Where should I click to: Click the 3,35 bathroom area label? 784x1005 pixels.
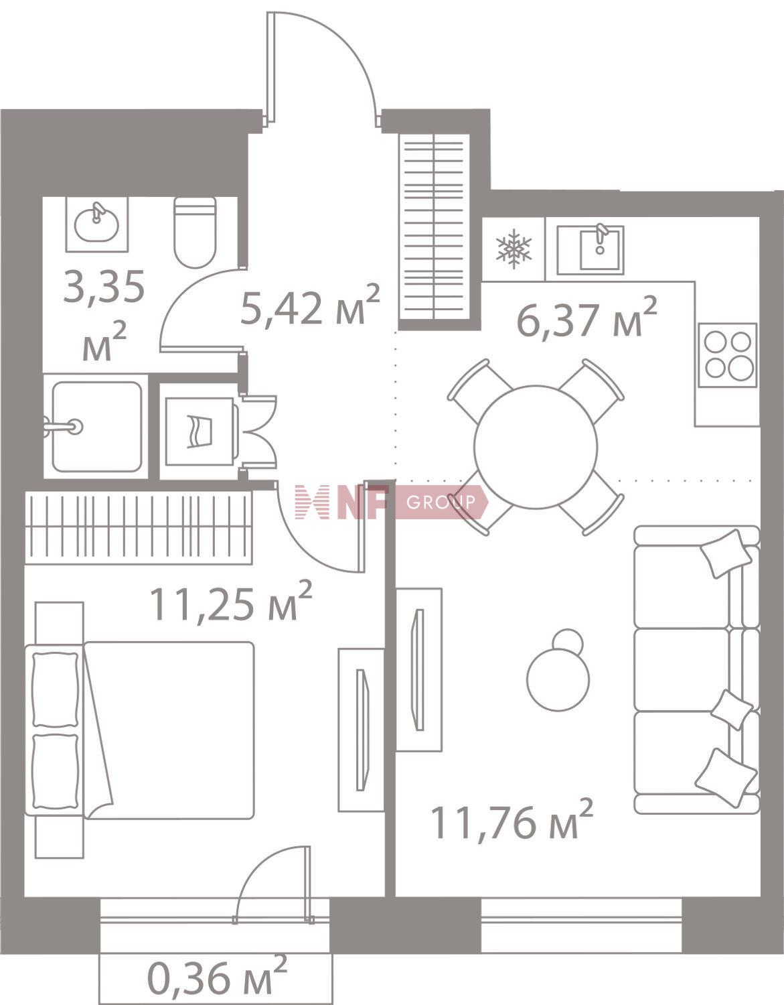tap(104, 316)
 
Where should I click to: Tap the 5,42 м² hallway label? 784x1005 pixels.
tap(310, 305)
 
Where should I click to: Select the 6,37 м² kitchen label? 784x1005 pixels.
tap(586, 318)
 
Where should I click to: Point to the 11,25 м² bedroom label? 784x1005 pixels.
tap(231, 601)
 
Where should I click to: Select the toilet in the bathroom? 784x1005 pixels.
tap(195, 232)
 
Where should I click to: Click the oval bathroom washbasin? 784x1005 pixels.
tap(96, 224)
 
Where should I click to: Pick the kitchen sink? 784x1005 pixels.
tap(591, 250)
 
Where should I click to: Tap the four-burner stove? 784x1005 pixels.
tap(728, 355)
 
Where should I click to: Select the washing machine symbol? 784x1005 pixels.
tap(200, 431)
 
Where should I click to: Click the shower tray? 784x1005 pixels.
tap(96, 426)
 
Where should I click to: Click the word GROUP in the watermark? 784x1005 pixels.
tap(441, 502)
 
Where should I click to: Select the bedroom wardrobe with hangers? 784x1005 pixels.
tap(138, 527)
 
